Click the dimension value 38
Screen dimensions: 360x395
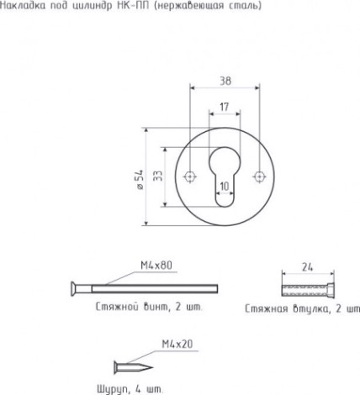click(x=225, y=81)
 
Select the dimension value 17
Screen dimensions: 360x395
click(x=225, y=107)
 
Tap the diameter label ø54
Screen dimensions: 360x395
click(x=140, y=179)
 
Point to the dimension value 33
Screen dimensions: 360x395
click(x=158, y=176)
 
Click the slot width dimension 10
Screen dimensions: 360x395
click(x=225, y=187)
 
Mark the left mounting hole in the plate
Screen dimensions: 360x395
click(x=190, y=176)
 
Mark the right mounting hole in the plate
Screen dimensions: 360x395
click(x=259, y=176)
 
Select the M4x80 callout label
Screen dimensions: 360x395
click(x=156, y=266)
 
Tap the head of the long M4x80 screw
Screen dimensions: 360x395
click(x=74, y=289)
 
